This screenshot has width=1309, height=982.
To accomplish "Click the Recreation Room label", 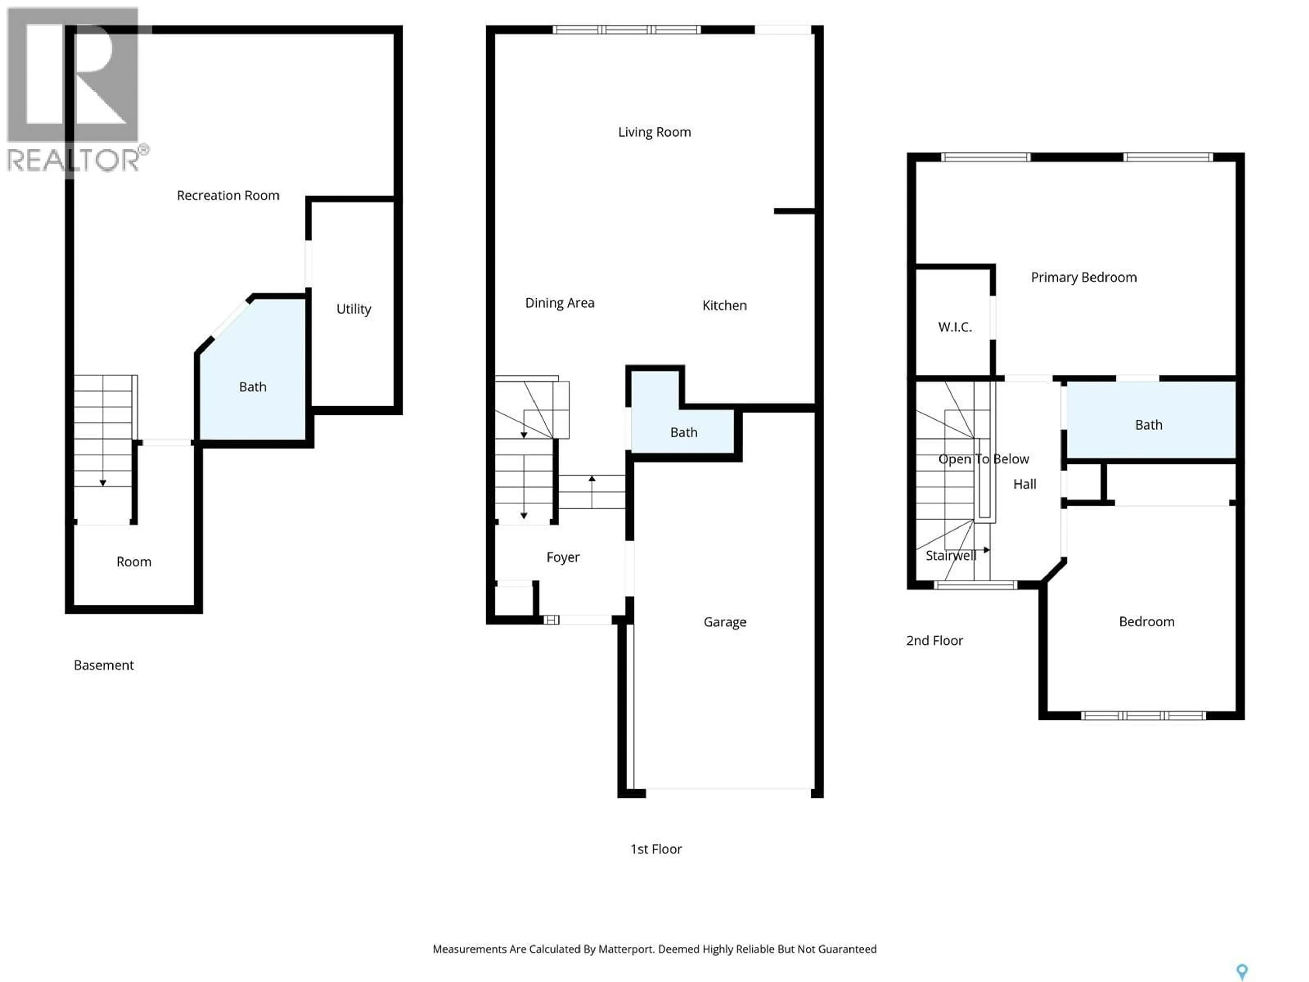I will click(x=228, y=195).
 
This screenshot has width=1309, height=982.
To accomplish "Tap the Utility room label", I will click(x=353, y=309).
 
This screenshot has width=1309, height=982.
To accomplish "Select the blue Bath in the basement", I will click(x=253, y=387).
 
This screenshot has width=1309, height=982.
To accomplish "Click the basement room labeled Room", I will click(x=134, y=562).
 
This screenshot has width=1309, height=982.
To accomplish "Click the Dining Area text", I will click(x=560, y=303).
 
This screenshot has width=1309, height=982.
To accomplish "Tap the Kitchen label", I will click(x=724, y=306).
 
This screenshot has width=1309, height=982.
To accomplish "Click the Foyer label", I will click(x=563, y=557).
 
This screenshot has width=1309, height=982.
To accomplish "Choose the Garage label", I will click(x=724, y=622).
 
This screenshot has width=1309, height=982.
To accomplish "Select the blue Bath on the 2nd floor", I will click(x=1148, y=425).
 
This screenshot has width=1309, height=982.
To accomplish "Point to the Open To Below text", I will click(x=983, y=459).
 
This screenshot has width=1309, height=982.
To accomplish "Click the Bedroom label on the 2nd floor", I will click(x=1146, y=622).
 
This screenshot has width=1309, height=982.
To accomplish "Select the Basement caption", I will click(x=104, y=665).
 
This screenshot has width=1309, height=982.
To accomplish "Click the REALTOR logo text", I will click(x=74, y=160).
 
